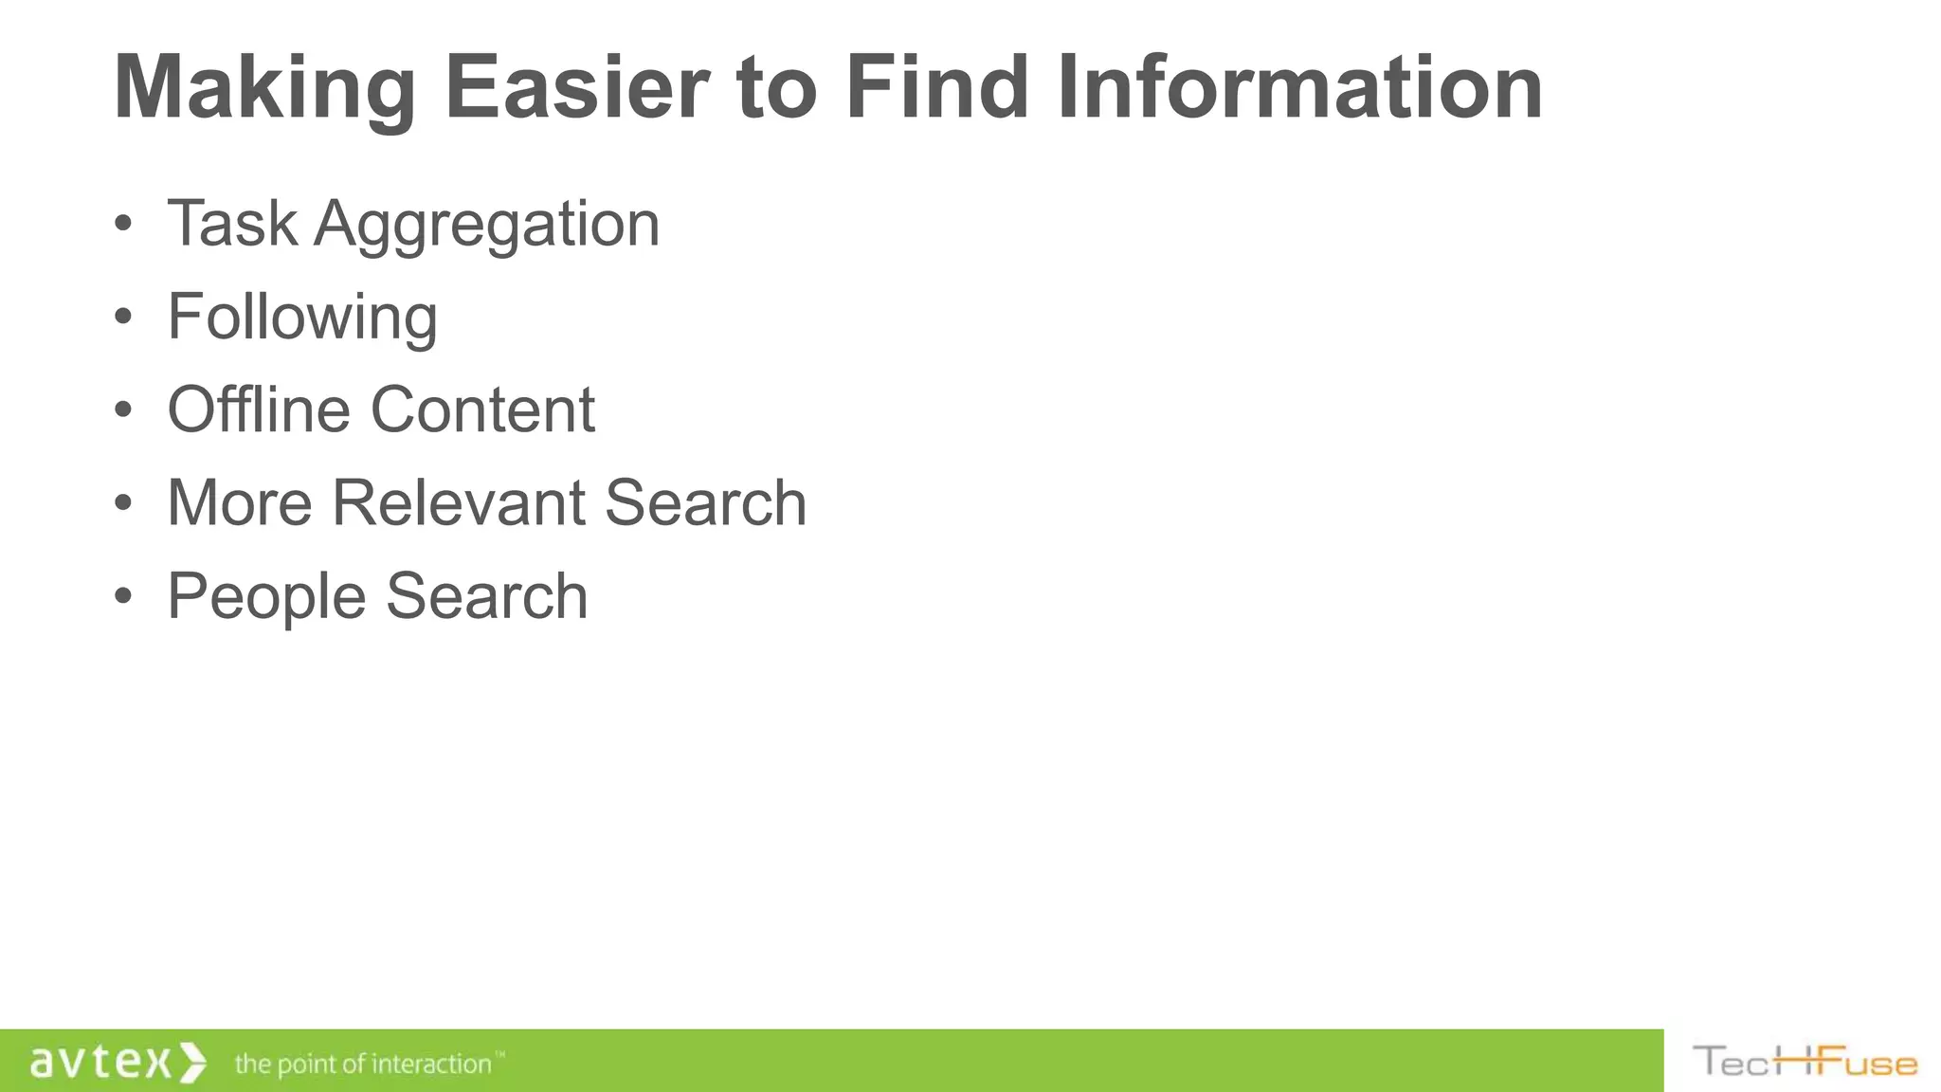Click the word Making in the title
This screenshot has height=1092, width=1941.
[x=264, y=88]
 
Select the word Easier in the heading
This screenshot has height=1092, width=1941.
[x=576, y=88]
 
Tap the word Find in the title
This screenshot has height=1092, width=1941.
[x=936, y=88]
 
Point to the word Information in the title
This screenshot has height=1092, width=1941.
[x=1299, y=88]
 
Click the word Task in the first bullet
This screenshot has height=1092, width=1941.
[x=232, y=224]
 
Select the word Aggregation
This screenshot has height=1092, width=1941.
[x=486, y=226]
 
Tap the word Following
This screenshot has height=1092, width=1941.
[x=302, y=318]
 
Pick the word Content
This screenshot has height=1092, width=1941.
[x=482, y=409]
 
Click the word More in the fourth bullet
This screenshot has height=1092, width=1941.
[x=240, y=502]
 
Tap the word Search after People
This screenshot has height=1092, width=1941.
[x=487, y=596]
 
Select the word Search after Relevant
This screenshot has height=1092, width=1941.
[x=705, y=502]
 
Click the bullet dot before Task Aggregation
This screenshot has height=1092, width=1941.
[x=122, y=225]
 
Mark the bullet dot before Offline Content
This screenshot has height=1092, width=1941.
[x=122, y=410]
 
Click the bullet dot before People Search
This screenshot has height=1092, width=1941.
[x=122, y=597]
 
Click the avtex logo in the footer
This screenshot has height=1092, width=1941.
[x=117, y=1062]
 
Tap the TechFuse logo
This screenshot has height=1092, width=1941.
[x=1805, y=1062]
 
